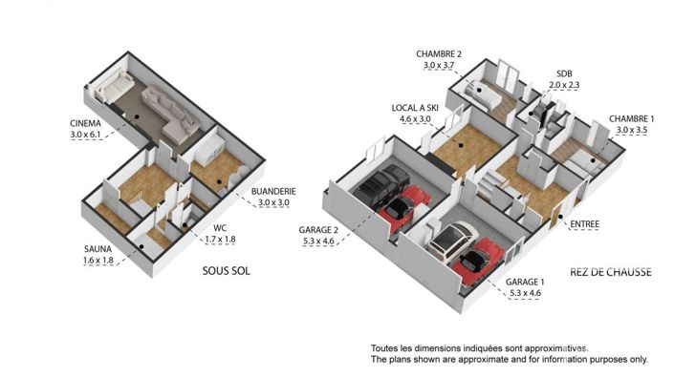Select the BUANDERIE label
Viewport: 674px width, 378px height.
[x=273, y=192]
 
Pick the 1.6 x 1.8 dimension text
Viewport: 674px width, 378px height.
[x=98, y=261]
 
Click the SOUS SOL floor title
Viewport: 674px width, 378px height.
[x=227, y=271]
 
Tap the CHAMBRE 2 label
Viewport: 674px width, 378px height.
[x=439, y=53]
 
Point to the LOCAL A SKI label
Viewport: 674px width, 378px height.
[x=414, y=107]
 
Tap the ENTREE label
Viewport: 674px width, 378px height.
[x=584, y=225]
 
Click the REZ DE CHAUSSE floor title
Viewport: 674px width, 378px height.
[x=609, y=272]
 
